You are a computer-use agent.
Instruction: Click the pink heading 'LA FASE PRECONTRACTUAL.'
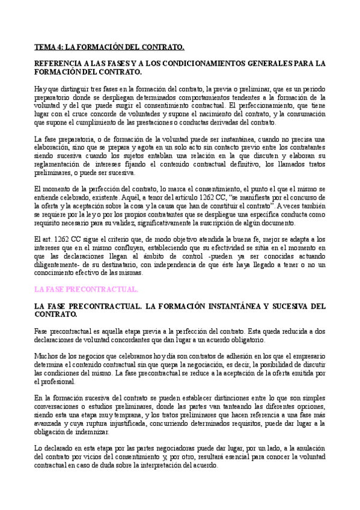pyautogui.click(x=86, y=289)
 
